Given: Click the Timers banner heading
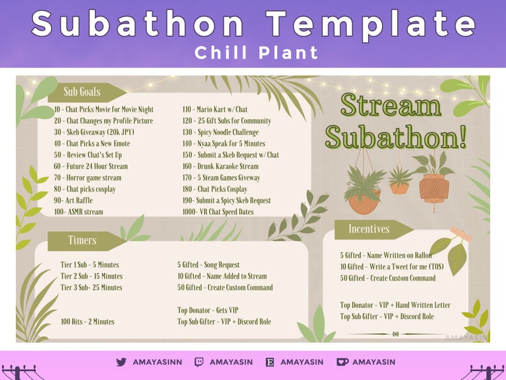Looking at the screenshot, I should [82, 240].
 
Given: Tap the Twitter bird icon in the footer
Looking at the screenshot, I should [121, 362].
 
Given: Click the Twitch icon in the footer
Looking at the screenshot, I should [199, 362].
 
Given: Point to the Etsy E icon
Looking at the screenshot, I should [270, 362].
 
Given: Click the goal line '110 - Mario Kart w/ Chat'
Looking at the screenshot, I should [215, 110].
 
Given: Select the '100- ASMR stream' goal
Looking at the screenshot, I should [78, 212].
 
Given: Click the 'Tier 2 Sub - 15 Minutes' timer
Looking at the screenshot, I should [92, 276].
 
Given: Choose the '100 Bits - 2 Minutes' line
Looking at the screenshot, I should [87, 322].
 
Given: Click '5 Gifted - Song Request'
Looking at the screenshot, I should [208, 265].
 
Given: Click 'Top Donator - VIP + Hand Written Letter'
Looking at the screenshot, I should [395, 305].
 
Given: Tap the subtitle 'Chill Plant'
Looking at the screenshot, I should [257, 52].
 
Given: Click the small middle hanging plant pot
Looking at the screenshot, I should [400, 186].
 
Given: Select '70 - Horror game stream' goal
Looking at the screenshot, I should [87, 178].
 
